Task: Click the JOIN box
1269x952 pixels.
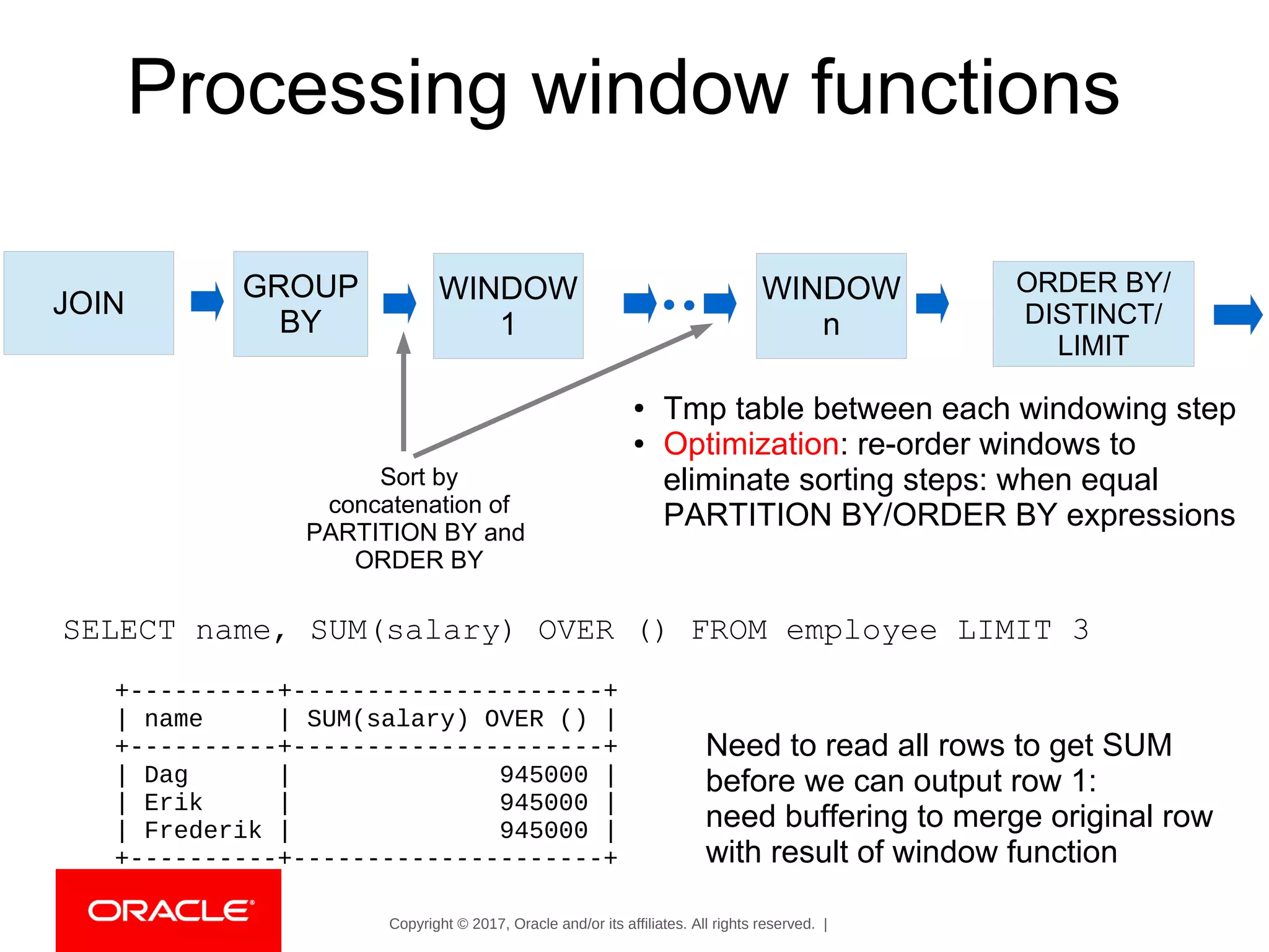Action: [89, 303]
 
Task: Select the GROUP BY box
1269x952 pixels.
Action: [301, 304]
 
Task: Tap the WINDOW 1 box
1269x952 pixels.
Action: [508, 306]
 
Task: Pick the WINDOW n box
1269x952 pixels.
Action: [831, 306]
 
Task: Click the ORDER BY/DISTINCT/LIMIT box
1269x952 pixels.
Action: [1093, 314]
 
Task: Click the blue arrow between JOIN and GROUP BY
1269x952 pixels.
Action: [207, 301]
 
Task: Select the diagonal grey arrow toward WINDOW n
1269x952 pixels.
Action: [558, 393]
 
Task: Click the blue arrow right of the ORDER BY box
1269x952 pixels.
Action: [1237, 315]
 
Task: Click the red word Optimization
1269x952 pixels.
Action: [751, 444]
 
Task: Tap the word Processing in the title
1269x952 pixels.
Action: [317, 88]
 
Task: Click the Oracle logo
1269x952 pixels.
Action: [169, 910]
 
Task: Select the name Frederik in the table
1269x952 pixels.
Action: [203, 831]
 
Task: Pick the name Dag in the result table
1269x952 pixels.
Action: [165, 775]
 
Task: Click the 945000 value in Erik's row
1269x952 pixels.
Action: [543, 803]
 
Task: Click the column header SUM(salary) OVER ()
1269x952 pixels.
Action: [446, 719]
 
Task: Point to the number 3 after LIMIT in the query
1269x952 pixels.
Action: [1081, 630]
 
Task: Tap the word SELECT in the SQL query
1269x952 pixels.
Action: [120, 630]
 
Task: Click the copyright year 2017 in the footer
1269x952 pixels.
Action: [489, 924]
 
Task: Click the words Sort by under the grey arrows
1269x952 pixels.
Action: [419, 477]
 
